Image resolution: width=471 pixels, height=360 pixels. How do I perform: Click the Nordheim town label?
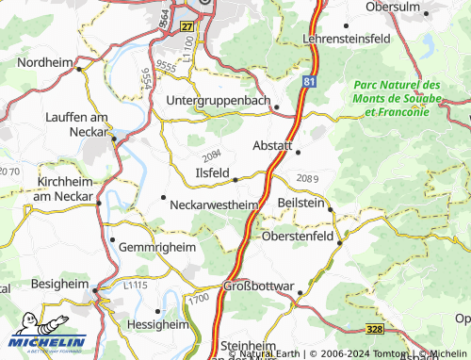43,62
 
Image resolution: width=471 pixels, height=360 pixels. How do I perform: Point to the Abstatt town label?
275,145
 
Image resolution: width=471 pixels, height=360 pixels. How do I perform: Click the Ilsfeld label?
211,172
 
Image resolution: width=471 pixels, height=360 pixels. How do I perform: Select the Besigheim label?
46,283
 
